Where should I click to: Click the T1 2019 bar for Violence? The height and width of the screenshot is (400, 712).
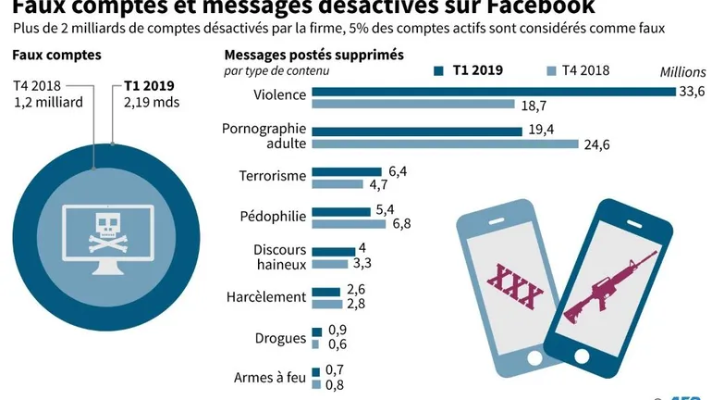(x=494, y=91)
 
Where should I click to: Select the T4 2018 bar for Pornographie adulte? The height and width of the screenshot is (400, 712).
(x=445, y=144)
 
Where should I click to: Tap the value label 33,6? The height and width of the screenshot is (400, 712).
(x=693, y=90)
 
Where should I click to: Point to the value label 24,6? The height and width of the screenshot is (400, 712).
(x=597, y=144)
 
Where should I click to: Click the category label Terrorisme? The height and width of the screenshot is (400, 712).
(x=272, y=176)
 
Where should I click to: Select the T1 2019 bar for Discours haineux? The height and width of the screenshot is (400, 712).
(x=333, y=250)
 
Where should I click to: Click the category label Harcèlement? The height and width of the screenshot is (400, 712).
(x=266, y=297)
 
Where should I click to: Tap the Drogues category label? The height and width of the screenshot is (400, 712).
(x=280, y=338)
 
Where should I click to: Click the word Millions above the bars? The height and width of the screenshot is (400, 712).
(x=682, y=72)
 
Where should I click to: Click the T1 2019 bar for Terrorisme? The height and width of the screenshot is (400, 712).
(x=347, y=170)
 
